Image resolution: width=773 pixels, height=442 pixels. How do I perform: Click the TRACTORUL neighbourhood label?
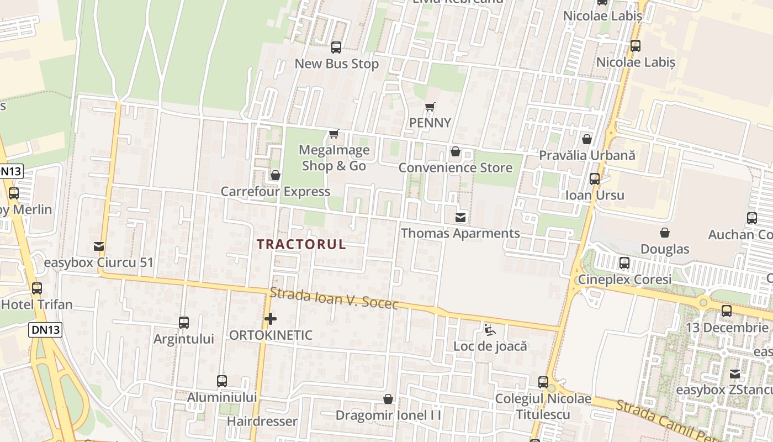301,244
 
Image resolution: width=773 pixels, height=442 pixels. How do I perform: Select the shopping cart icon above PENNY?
430,107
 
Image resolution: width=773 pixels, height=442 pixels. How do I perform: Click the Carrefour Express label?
275,192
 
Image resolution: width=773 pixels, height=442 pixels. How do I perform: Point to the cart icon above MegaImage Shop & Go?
333,134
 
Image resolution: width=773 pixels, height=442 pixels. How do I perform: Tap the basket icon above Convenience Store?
456,151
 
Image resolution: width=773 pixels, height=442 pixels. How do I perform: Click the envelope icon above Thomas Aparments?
460,217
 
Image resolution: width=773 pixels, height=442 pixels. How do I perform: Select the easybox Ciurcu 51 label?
98,262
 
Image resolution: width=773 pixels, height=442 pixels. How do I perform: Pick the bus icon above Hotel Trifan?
37,288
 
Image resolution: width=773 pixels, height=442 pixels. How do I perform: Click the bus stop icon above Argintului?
184,323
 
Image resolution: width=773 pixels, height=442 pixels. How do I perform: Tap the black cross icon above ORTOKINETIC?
271,319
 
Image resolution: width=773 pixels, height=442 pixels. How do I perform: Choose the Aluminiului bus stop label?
222,397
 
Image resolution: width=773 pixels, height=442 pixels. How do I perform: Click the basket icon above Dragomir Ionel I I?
389,399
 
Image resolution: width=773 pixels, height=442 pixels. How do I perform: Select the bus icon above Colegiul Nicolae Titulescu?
543,382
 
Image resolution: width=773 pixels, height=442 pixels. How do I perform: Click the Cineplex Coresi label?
624,279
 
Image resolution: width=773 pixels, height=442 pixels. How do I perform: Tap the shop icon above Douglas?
665,233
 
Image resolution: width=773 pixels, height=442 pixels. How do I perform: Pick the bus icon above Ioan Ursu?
595,179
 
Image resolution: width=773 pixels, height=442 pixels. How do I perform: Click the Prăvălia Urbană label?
587,155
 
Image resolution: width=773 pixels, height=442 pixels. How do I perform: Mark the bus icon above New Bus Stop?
336,48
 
